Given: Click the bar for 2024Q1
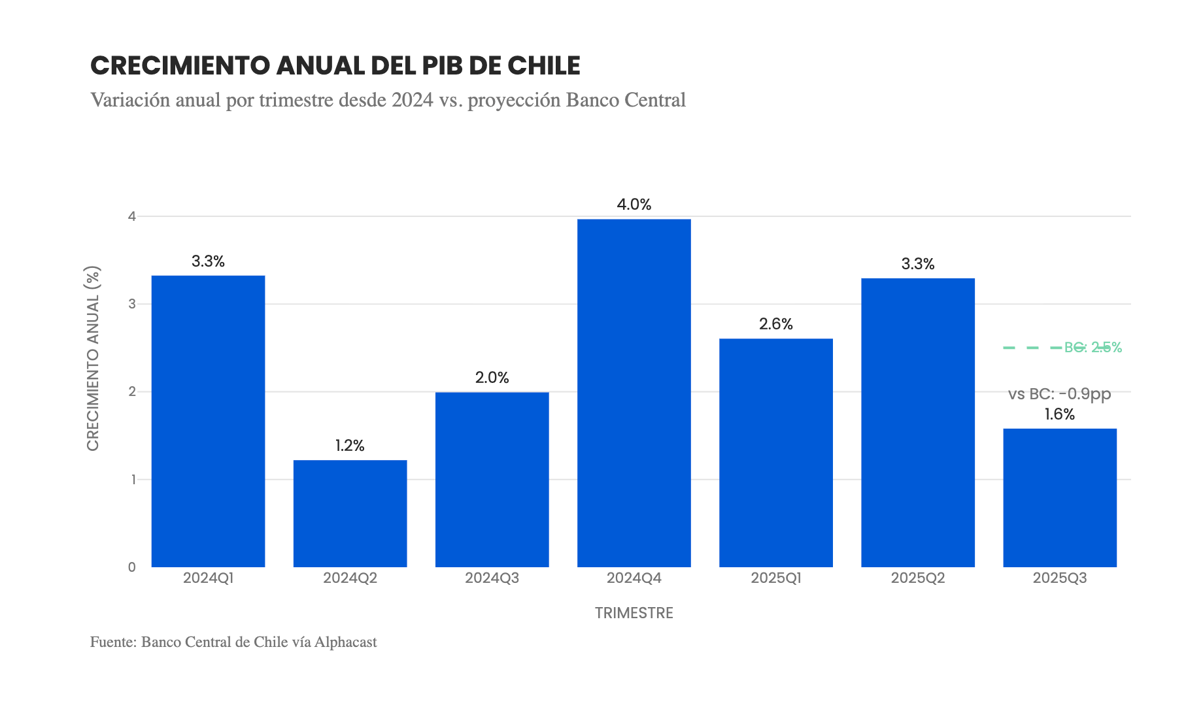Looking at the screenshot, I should [208, 421].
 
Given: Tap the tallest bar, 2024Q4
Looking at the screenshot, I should [634, 393].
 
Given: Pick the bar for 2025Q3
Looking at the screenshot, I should [1059, 497].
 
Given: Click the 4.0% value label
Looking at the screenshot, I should [634, 205].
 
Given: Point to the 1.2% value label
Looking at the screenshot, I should [350, 446].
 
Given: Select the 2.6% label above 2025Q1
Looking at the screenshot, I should [775, 324].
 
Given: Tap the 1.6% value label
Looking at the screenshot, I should [1059, 414].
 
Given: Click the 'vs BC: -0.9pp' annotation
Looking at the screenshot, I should [1059, 394].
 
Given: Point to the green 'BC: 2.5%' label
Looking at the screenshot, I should [1093, 348].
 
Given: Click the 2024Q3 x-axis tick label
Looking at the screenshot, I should [492, 578].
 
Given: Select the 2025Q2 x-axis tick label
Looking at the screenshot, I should [917, 578].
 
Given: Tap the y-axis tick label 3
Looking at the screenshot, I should [132, 304].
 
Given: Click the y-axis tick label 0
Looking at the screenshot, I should [132, 567].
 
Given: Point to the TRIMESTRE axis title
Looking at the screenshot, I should [634, 613].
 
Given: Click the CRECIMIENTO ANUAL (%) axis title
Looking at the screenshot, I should [93, 358].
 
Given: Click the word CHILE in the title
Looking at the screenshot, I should [544, 66].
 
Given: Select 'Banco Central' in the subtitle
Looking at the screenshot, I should [626, 100].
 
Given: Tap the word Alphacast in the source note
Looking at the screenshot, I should [345, 642].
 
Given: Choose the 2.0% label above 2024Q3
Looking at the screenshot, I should [492, 378].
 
